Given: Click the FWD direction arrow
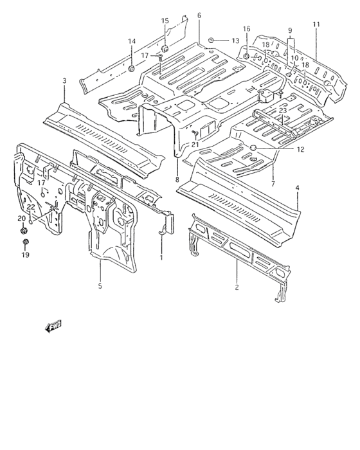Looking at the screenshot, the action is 53,327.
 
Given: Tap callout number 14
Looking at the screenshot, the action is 132,41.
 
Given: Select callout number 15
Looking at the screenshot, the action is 165,21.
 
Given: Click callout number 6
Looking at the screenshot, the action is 199,15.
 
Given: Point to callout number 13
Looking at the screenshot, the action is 235,40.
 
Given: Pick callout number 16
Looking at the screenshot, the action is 246,29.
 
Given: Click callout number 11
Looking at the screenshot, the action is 316,24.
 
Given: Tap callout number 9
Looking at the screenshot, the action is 290,30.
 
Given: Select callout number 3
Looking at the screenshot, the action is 64,80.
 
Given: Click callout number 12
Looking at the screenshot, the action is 301,150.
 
